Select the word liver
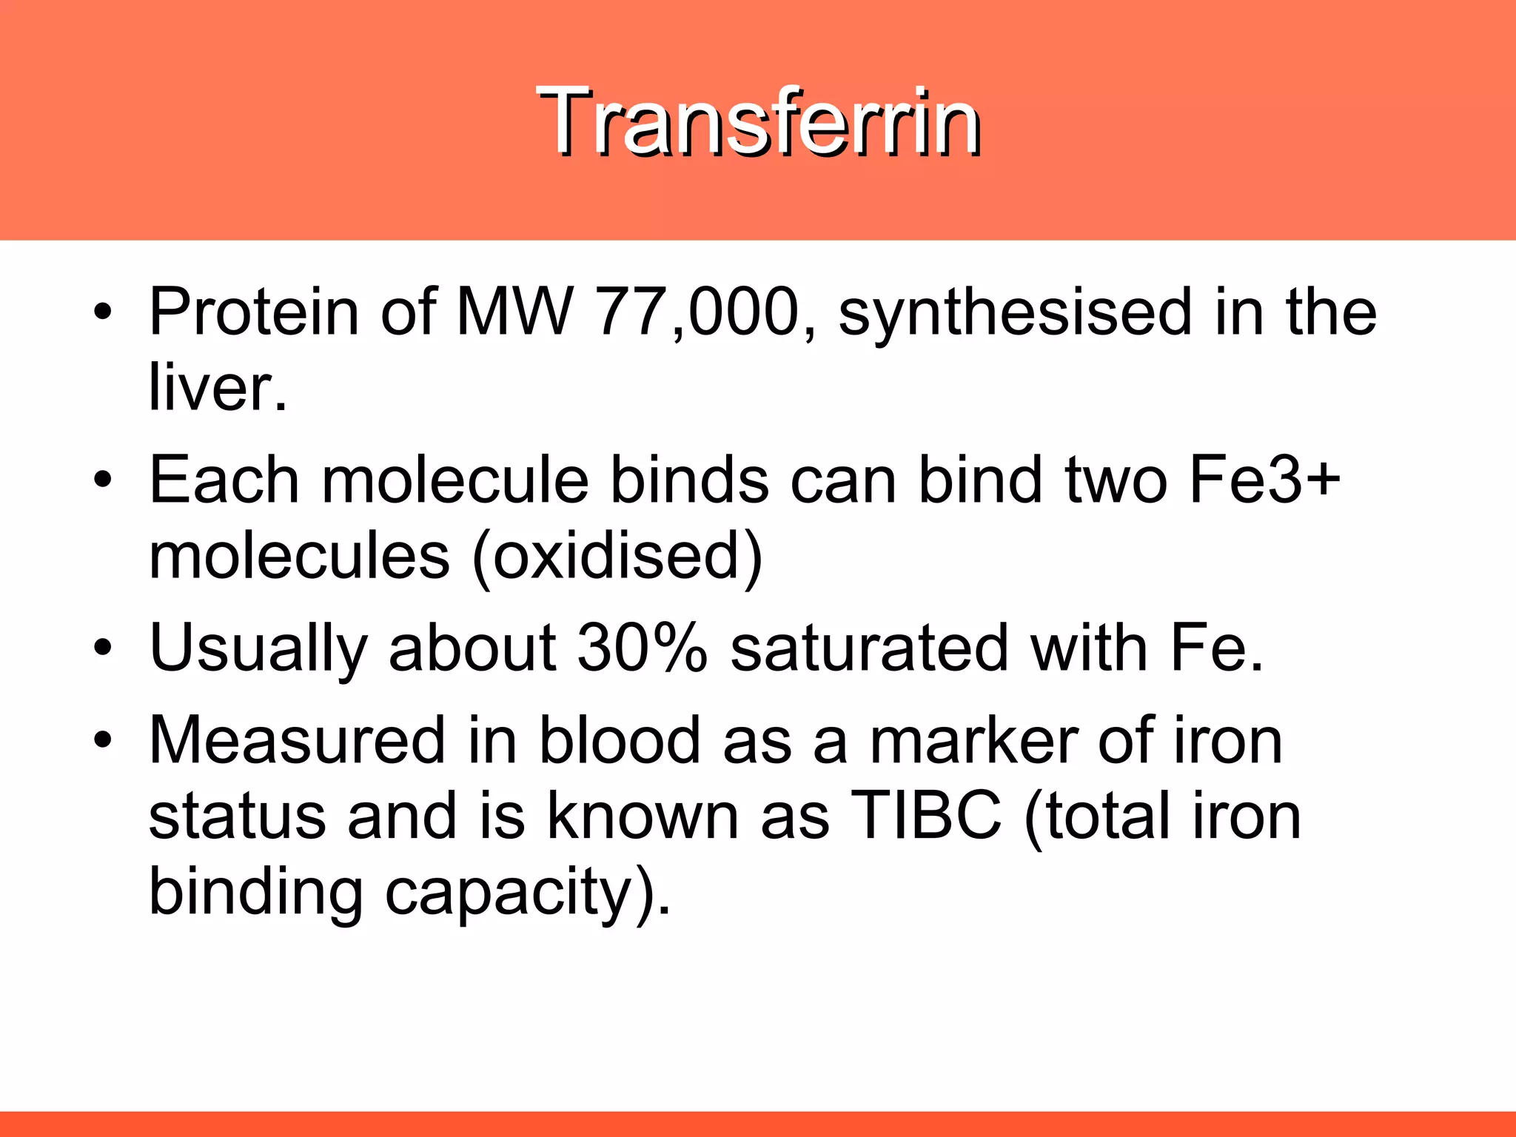point(217,387)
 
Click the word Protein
point(254,312)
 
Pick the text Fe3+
point(1264,480)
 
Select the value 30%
point(642,648)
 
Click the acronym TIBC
point(926,816)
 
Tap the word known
point(643,816)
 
